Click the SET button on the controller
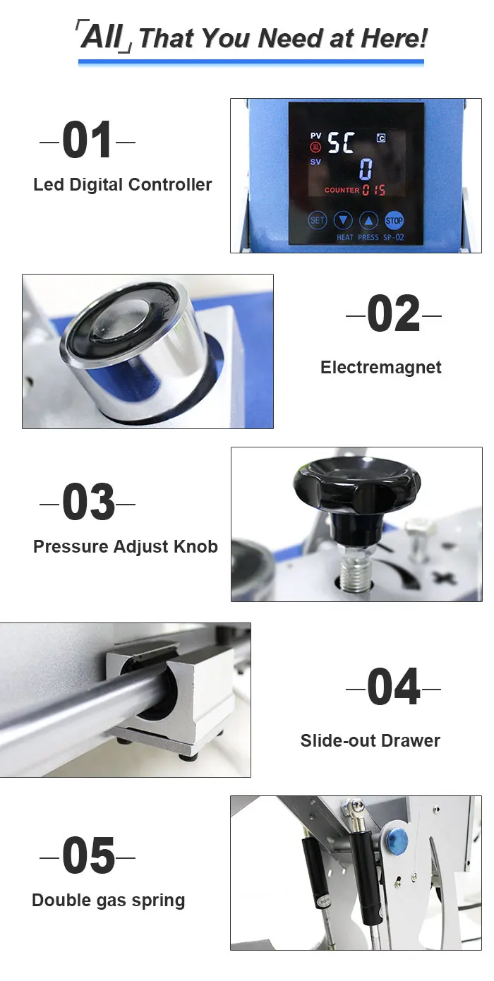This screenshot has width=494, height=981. (317, 220)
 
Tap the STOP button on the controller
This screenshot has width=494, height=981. (394, 220)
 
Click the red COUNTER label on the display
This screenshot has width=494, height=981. (342, 190)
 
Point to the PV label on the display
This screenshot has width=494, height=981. (315, 136)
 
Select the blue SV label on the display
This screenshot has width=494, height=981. (315, 162)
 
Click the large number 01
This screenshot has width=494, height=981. (87, 140)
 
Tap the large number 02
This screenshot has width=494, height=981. (393, 313)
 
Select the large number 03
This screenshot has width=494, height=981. (88, 502)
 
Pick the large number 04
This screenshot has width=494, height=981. (394, 686)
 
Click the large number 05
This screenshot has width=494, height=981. (88, 855)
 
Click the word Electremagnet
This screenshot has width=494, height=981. (380, 367)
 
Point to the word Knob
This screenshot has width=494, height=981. (195, 546)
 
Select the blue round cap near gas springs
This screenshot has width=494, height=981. (397, 841)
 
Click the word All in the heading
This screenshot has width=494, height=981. (102, 37)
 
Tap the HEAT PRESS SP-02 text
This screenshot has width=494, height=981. (370, 237)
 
